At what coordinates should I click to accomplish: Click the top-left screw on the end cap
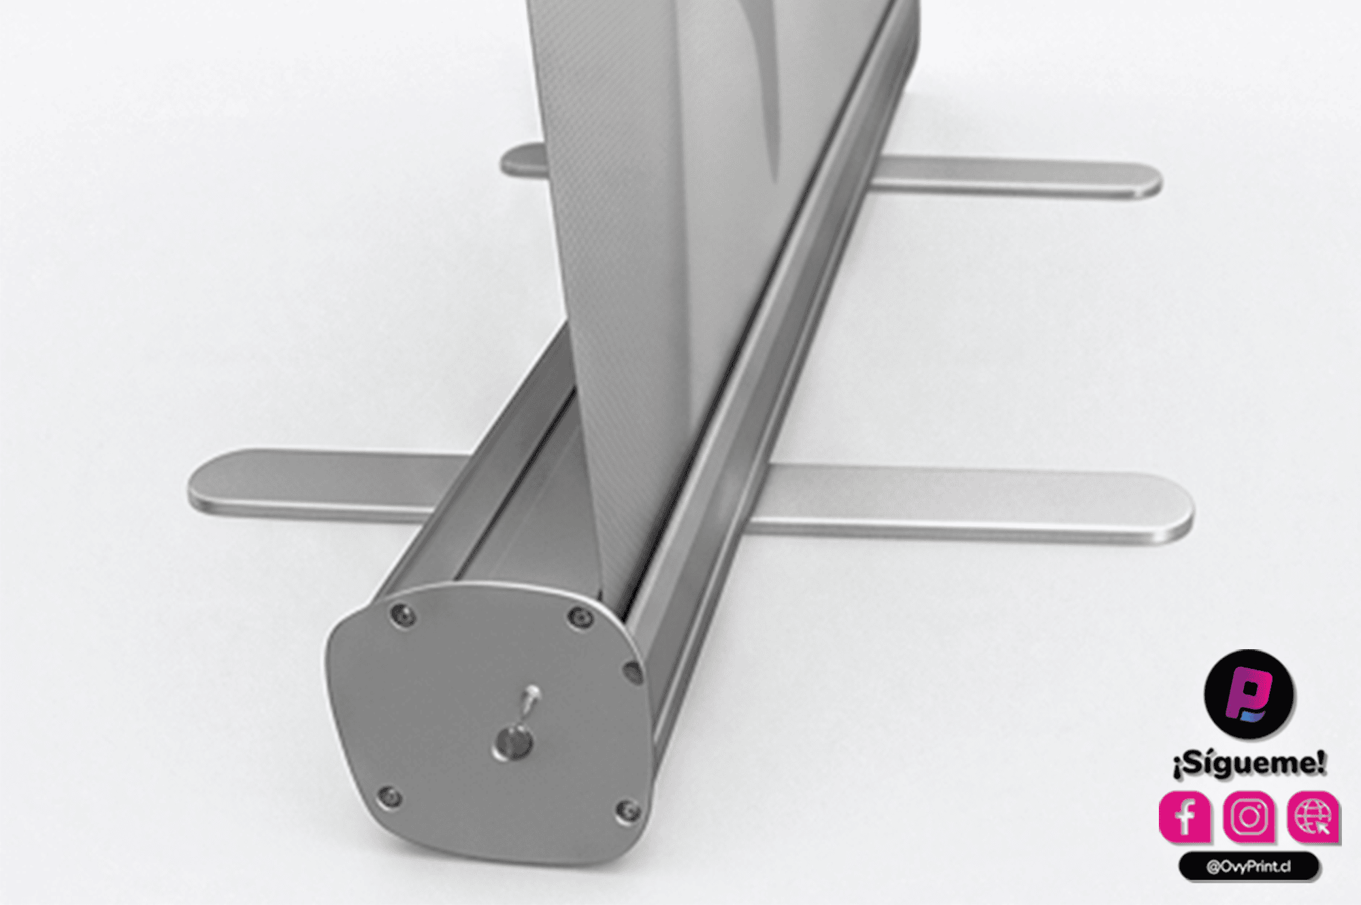click(404, 616)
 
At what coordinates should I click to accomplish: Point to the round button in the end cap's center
click(515, 742)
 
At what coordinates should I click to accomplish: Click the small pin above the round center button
click(530, 700)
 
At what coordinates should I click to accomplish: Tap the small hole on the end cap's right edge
click(633, 672)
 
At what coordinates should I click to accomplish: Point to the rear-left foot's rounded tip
click(509, 161)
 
